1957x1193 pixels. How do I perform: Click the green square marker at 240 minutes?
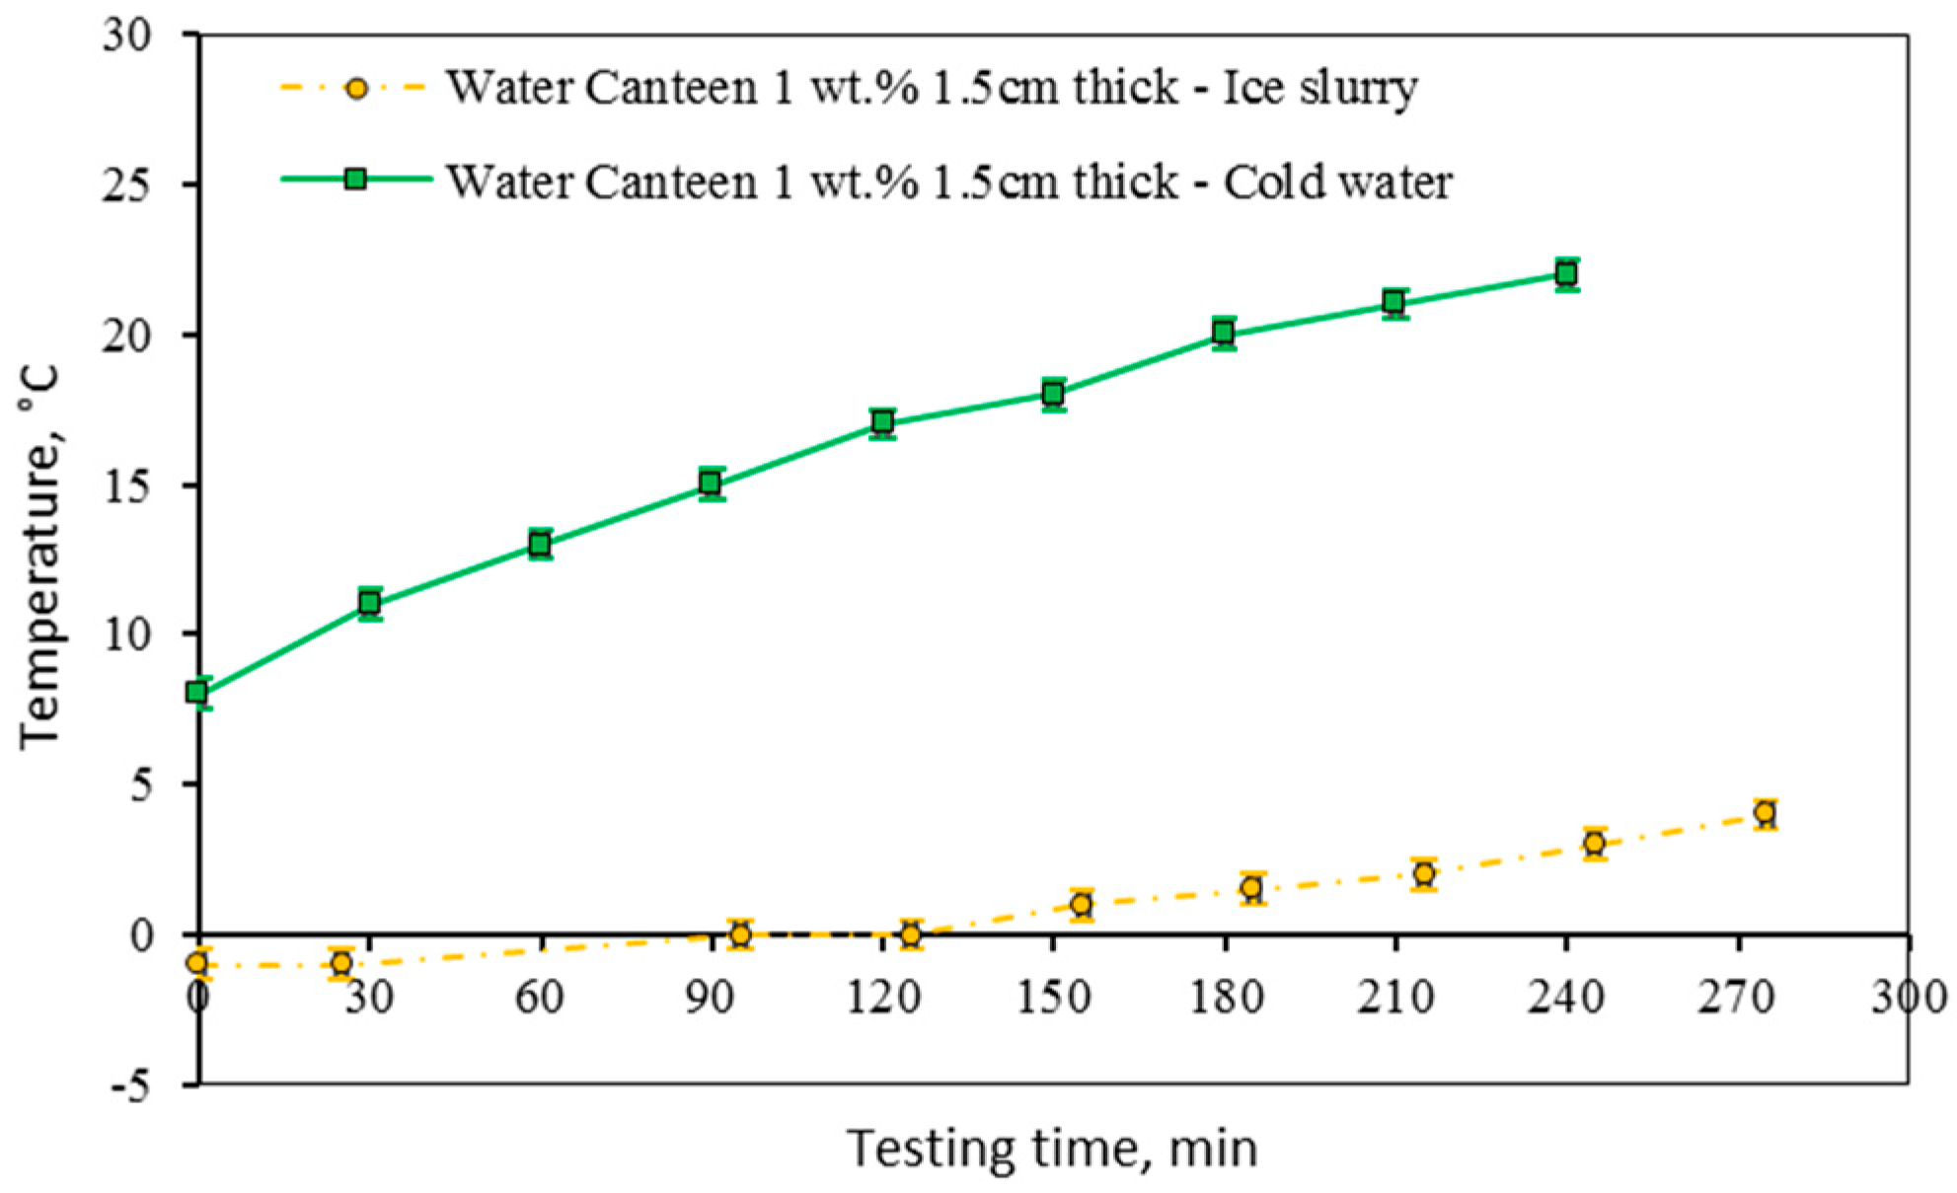1566,273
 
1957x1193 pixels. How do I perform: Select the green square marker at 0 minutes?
197,693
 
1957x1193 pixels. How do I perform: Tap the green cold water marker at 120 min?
882,422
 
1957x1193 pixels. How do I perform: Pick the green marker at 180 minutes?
1224,333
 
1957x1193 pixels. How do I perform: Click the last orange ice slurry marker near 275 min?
1765,813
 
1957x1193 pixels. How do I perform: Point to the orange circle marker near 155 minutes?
1082,904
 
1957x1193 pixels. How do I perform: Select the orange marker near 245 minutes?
1595,844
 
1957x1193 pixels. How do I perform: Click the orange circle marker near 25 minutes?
341,963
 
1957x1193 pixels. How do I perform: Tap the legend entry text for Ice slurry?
932,88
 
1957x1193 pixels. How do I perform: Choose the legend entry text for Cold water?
948,182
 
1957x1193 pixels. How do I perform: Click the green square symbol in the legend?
355,179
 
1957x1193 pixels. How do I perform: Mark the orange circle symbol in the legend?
356,89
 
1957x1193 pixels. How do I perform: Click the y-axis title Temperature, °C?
41,559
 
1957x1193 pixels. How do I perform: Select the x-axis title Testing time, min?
1052,1149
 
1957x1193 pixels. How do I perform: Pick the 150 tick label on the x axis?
1053,997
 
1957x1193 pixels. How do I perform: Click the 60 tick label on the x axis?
540,997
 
